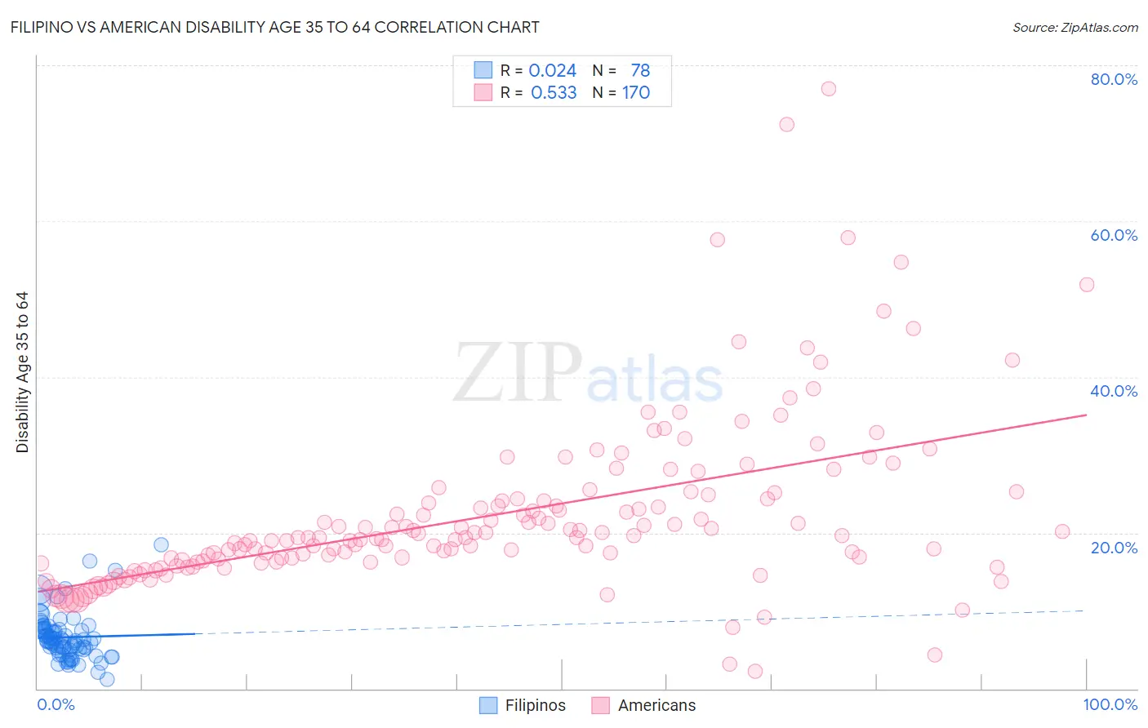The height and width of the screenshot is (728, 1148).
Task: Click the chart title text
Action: click(x=274, y=27)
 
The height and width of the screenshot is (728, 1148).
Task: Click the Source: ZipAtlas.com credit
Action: click(x=1075, y=27)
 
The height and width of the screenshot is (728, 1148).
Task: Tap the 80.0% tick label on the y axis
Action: click(x=1114, y=79)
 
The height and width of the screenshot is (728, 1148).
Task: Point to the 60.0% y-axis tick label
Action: click(x=1114, y=235)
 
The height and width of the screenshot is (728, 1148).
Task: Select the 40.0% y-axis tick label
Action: click(x=1114, y=391)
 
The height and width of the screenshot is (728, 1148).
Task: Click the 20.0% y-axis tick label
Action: click(x=1114, y=547)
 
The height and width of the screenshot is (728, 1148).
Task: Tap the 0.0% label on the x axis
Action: click(x=56, y=704)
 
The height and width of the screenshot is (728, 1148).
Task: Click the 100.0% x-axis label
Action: click(x=1110, y=704)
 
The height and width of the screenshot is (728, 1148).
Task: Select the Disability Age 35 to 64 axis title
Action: click(x=22, y=372)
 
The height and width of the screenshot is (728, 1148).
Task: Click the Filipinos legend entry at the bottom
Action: click(x=535, y=705)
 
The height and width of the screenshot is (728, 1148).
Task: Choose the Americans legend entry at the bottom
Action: click(x=656, y=705)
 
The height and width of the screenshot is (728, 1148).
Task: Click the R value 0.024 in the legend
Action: click(x=552, y=71)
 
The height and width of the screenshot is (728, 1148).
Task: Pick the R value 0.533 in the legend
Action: click(x=554, y=93)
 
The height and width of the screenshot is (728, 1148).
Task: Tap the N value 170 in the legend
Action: click(x=636, y=93)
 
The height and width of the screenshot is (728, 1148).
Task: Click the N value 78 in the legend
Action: click(x=640, y=71)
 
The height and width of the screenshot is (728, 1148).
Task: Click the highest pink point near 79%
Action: click(x=829, y=89)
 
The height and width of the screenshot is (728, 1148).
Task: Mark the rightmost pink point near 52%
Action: click(x=1087, y=285)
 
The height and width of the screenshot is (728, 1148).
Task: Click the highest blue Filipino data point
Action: click(x=161, y=544)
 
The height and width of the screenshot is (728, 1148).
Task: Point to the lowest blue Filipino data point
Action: click(x=107, y=679)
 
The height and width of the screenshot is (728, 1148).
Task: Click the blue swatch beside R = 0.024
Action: click(x=483, y=71)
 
